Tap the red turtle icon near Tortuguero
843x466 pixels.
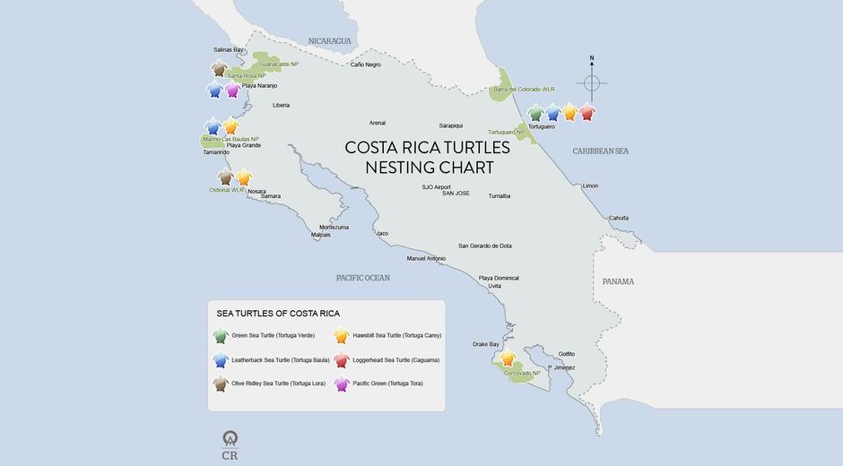coord(587,113)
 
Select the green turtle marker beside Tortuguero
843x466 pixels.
coord(536,113)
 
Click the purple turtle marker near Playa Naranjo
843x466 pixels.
coord(233,90)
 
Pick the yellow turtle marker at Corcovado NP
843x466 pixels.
coord(508,359)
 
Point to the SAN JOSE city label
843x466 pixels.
coord(456,194)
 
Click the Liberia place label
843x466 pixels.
coord(282,106)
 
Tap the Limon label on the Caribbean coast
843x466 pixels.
coord(590,186)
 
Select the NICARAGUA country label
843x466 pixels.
coord(330,41)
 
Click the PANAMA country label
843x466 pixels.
coord(618,281)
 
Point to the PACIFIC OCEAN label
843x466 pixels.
coord(363,278)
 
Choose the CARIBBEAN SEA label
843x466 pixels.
coord(601,151)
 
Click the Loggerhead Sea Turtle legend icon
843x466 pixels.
coord(342,360)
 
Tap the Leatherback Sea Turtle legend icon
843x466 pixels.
coord(221,360)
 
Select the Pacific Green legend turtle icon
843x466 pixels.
coord(342,384)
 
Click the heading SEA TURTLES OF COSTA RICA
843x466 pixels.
coord(278,314)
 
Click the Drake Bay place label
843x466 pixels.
coord(486,344)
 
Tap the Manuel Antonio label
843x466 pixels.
coord(426,259)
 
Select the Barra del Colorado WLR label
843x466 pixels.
coord(524,90)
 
